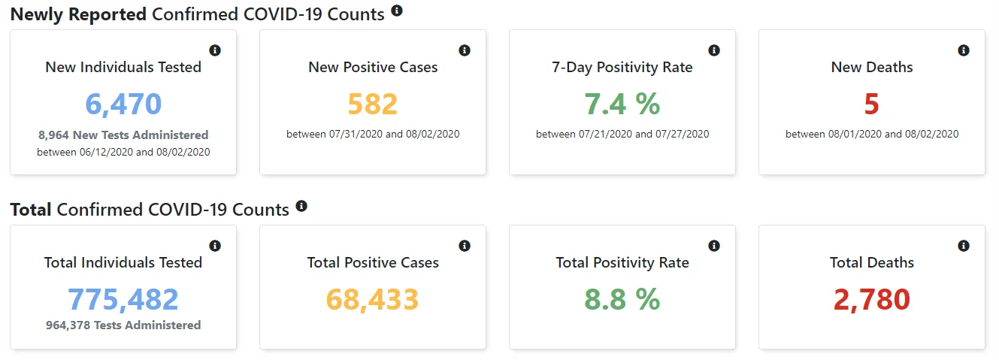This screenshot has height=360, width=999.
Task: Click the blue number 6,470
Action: (x=123, y=104)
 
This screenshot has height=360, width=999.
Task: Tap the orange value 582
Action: (x=372, y=104)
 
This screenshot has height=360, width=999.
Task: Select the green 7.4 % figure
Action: (x=622, y=104)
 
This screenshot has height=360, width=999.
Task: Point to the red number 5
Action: (x=871, y=104)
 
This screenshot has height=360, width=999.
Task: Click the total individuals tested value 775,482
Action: (x=123, y=299)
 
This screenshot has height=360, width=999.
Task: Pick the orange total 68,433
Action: (x=372, y=299)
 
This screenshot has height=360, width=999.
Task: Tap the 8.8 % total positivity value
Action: (x=622, y=299)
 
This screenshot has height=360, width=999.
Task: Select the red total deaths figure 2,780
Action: (x=871, y=299)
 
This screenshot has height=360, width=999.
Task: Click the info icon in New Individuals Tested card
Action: (x=215, y=50)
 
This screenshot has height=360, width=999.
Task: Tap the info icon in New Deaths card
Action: (x=964, y=50)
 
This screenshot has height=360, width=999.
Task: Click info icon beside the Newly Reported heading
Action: (x=397, y=11)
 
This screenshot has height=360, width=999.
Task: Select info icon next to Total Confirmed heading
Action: (x=301, y=206)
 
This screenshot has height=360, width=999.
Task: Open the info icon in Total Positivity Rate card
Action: (x=714, y=246)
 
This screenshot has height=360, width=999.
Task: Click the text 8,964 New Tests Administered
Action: (x=123, y=135)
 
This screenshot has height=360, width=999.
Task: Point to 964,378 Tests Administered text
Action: (x=123, y=325)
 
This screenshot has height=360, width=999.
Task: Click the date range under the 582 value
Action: (x=373, y=134)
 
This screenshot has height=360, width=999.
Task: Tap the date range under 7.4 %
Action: (x=622, y=134)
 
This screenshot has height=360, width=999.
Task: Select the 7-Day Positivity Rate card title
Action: (x=622, y=67)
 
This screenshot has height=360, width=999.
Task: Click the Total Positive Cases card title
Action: (x=373, y=262)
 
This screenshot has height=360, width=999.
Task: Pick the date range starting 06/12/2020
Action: (x=123, y=152)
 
